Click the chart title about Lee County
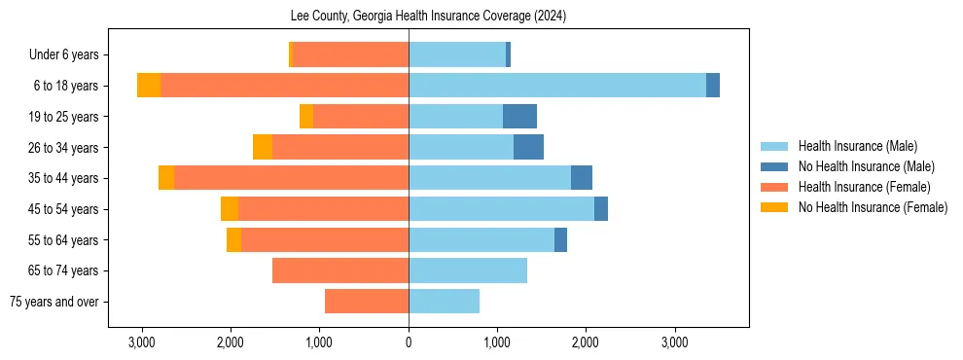click(x=428, y=17)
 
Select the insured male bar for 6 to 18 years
click(x=556, y=86)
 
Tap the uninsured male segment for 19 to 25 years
click(x=519, y=117)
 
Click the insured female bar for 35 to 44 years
click(x=291, y=178)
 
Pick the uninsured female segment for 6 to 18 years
click(x=149, y=86)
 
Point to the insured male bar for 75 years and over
click(x=444, y=302)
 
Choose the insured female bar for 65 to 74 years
click(x=340, y=270)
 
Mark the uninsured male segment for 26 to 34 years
click(x=528, y=148)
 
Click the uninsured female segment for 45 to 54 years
click(x=230, y=209)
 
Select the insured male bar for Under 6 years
click(x=457, y=54)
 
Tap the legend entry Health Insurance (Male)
click(x=857, y=146)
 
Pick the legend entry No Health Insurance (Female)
click(x=873, y=207)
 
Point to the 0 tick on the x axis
click(x=409, y=342)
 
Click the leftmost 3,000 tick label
click(x=142, y=342)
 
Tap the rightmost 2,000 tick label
click(x=586, y=342)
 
